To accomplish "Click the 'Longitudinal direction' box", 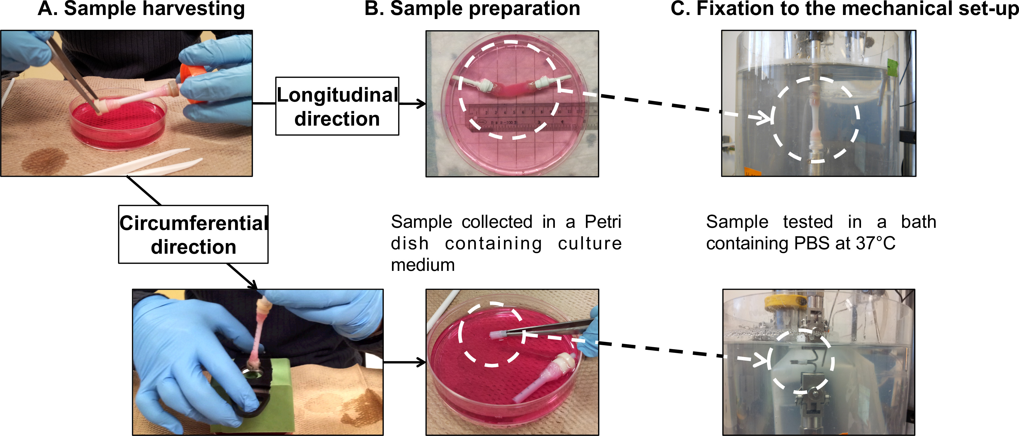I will pyautogui.click(x=337, y=106).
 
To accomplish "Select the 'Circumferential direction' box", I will pyautogui.click(x=193, y=234).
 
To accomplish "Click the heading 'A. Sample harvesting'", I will pyautogui.click(x=141, y=9).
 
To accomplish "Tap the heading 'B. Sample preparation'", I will pyautogui.click(x=472, y=9).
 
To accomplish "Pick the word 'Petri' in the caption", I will pyautogui.click(x=603, y=222).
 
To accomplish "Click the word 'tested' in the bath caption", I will pyautogui.click(x=808, y=222).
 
